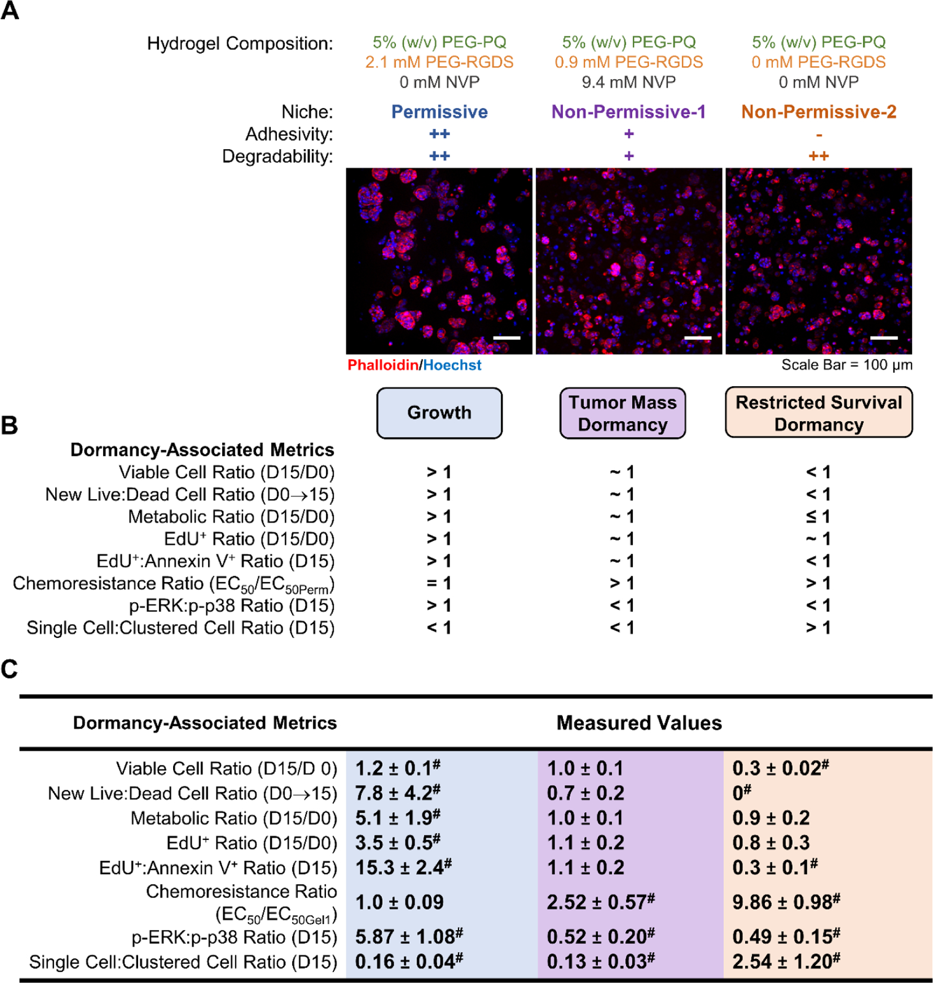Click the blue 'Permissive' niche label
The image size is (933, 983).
pyautogui.click(x=439, y=112)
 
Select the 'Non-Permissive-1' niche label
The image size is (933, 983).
pyautogui.click(x=628, y=112)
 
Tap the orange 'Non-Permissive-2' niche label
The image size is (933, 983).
pyautogui.click(x=818, y=112)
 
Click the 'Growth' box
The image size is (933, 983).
pyautogui.click(x=439, y=413)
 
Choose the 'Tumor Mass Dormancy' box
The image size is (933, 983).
pyautogui.click(x=622, y=413)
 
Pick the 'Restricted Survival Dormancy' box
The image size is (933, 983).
pyautogui.click(x=818, y=413)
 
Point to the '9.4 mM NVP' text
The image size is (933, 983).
pyautogui.click(x=628, y=82)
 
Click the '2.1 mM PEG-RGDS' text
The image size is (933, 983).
pyautogui.click(x=439, y=62)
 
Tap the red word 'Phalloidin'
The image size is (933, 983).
pyautogui.click(x=382, y=365)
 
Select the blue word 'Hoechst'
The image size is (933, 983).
pyautogui.click(x=452, y=365)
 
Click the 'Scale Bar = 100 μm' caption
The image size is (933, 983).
pyautogui.click(x=846, y=365)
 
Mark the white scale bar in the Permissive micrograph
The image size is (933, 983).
pyautogui.click(x=506, y=338)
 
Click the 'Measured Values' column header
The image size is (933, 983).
pyautogui.click(x=639, y=723)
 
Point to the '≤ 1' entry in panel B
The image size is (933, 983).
pyautogui.click(x=818, y=517)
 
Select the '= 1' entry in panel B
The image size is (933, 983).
pyautogui.click(x=439, y=583)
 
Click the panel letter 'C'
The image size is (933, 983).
pyautogui.click(x=10, y=669)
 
